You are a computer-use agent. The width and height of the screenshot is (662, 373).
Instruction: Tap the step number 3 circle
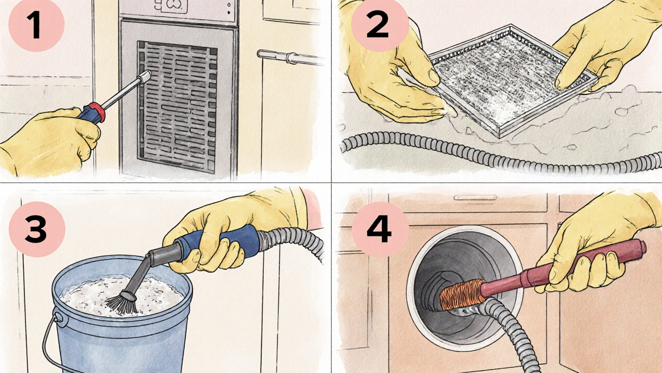[35, 229]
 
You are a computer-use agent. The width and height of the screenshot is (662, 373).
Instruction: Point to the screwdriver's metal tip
[145, 77]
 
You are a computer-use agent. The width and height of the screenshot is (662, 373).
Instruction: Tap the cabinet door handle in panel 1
[290, 57]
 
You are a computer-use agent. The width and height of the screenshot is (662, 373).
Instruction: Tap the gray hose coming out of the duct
[509, 332]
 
